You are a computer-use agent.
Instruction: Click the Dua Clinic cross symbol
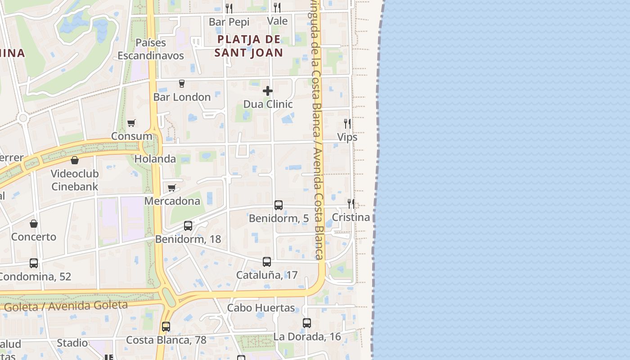268,91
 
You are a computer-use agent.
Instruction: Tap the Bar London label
182,97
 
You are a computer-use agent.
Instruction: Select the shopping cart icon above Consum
131,123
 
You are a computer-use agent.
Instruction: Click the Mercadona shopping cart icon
171,188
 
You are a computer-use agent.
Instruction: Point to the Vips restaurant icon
347,124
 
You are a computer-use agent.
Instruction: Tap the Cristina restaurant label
351,217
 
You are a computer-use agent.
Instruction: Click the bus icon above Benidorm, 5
279,205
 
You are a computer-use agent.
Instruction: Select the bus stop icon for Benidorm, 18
188,226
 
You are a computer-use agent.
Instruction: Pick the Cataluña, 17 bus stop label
267,275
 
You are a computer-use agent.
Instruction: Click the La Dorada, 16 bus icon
307,323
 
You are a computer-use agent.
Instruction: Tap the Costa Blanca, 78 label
166,340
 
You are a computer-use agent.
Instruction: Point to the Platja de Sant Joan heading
249,46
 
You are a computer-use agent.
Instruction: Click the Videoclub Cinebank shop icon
75,160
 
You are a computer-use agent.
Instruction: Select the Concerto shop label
34,237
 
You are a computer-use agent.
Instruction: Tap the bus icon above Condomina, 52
34,263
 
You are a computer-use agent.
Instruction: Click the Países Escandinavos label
151,49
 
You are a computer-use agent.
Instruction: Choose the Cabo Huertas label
261,308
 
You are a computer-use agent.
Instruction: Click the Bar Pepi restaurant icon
229,8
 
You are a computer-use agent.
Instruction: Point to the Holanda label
155,159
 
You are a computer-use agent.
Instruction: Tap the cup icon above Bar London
182,84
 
